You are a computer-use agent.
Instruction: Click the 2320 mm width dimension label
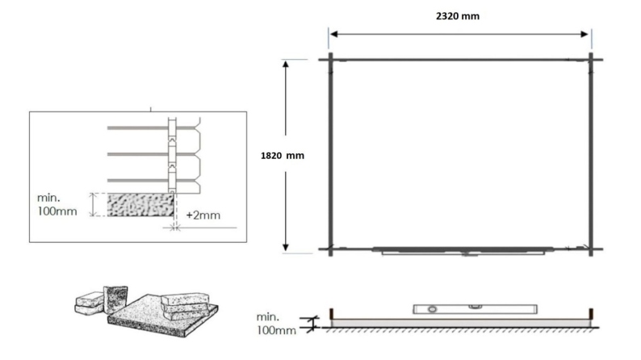(459, 15)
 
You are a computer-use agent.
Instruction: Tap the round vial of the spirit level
(431, 308)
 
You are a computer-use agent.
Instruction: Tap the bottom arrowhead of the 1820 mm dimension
(286, 249)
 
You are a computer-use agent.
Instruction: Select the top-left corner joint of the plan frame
(330, 59)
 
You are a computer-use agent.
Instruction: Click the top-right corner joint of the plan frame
(591, 59)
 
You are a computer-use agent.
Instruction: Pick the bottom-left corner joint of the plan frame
(330, 249)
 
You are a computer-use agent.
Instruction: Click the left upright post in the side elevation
(333, 312)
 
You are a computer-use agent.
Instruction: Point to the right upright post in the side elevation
(592, 312)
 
